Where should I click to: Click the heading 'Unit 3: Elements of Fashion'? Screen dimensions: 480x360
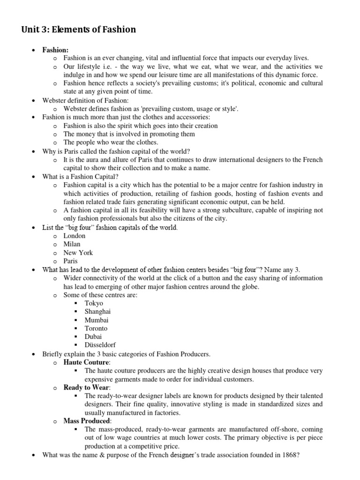pyautogui.click(x=78, y=30)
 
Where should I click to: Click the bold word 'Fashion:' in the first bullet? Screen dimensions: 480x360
pyautogui.click(x=55, y=50)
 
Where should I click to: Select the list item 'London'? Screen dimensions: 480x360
pyautogui.click(x=75, y=236)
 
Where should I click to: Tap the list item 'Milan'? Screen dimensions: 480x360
pyautogui.click(x=72, y=244)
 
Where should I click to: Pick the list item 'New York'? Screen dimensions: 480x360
pyautogui.click(x=78, y=253)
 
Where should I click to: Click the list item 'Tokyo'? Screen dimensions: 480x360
pyautogui.click(x=94, y=303)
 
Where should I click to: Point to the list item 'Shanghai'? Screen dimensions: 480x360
pyautogui.click(x=97, y=312)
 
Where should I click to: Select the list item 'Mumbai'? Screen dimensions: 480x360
pyautogui.click(x=97, y=320)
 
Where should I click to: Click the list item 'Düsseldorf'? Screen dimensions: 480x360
pyautogui.click(x=100, y=345)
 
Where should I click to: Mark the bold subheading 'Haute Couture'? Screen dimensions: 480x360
pyautogui.click(x=86, y=362)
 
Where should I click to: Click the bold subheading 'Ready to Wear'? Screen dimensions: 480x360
pyautogui.click(x=86, y=388)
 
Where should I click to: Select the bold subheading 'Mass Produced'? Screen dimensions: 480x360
pyautogui.click(x=87, y=421)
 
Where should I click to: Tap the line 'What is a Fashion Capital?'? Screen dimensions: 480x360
pyautogui.click(x=80, y=177)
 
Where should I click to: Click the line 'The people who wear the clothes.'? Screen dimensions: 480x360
pyautogui.click(x=111, y=142)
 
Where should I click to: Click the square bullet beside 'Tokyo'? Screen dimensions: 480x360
pyautogui.click(x=77, y=303)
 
